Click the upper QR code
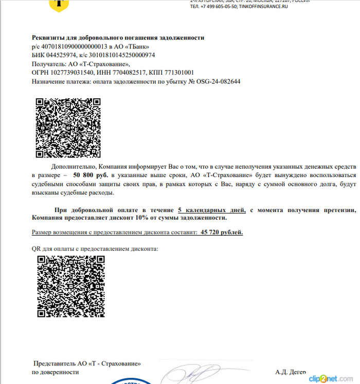click(x=68, y=129)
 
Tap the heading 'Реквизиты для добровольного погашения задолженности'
click(x=118, y=38)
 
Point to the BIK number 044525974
click(x=62, y=55)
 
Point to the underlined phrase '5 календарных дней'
click(x=211, y=210)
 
